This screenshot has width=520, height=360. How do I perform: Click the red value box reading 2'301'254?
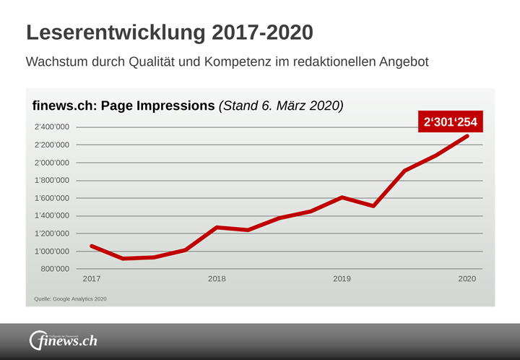[x=450, y=122]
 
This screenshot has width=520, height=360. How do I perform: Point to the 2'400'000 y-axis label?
[x=52, y=127]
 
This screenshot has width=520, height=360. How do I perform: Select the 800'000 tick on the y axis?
[x=55, y=269]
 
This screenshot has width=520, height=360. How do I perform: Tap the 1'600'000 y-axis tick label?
[x=52, y=198]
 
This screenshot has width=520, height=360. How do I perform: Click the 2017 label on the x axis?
[x=92, y=279]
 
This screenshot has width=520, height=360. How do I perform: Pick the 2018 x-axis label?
[x=217, y=279]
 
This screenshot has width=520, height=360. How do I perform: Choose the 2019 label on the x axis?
[x=342, y=279]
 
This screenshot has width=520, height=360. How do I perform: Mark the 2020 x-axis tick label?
[x=467, y=279]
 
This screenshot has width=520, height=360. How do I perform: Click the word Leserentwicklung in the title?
[x=116, y=33]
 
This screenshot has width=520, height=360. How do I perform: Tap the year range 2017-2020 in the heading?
[x=262, y=33]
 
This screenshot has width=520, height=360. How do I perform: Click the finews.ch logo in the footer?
[x=63, y=340]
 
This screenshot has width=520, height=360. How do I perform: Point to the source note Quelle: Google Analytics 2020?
[x=70, y=299]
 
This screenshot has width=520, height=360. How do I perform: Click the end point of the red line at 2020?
[x=467, y=136]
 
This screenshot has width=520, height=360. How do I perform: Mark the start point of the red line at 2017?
[x=92, y=246]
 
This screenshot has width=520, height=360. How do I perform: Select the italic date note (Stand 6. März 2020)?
[x=280, y=106]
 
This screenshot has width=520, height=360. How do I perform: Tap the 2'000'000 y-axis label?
[x=52, y=163]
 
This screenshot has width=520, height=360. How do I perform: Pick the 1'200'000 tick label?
[x=52, y=233]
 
